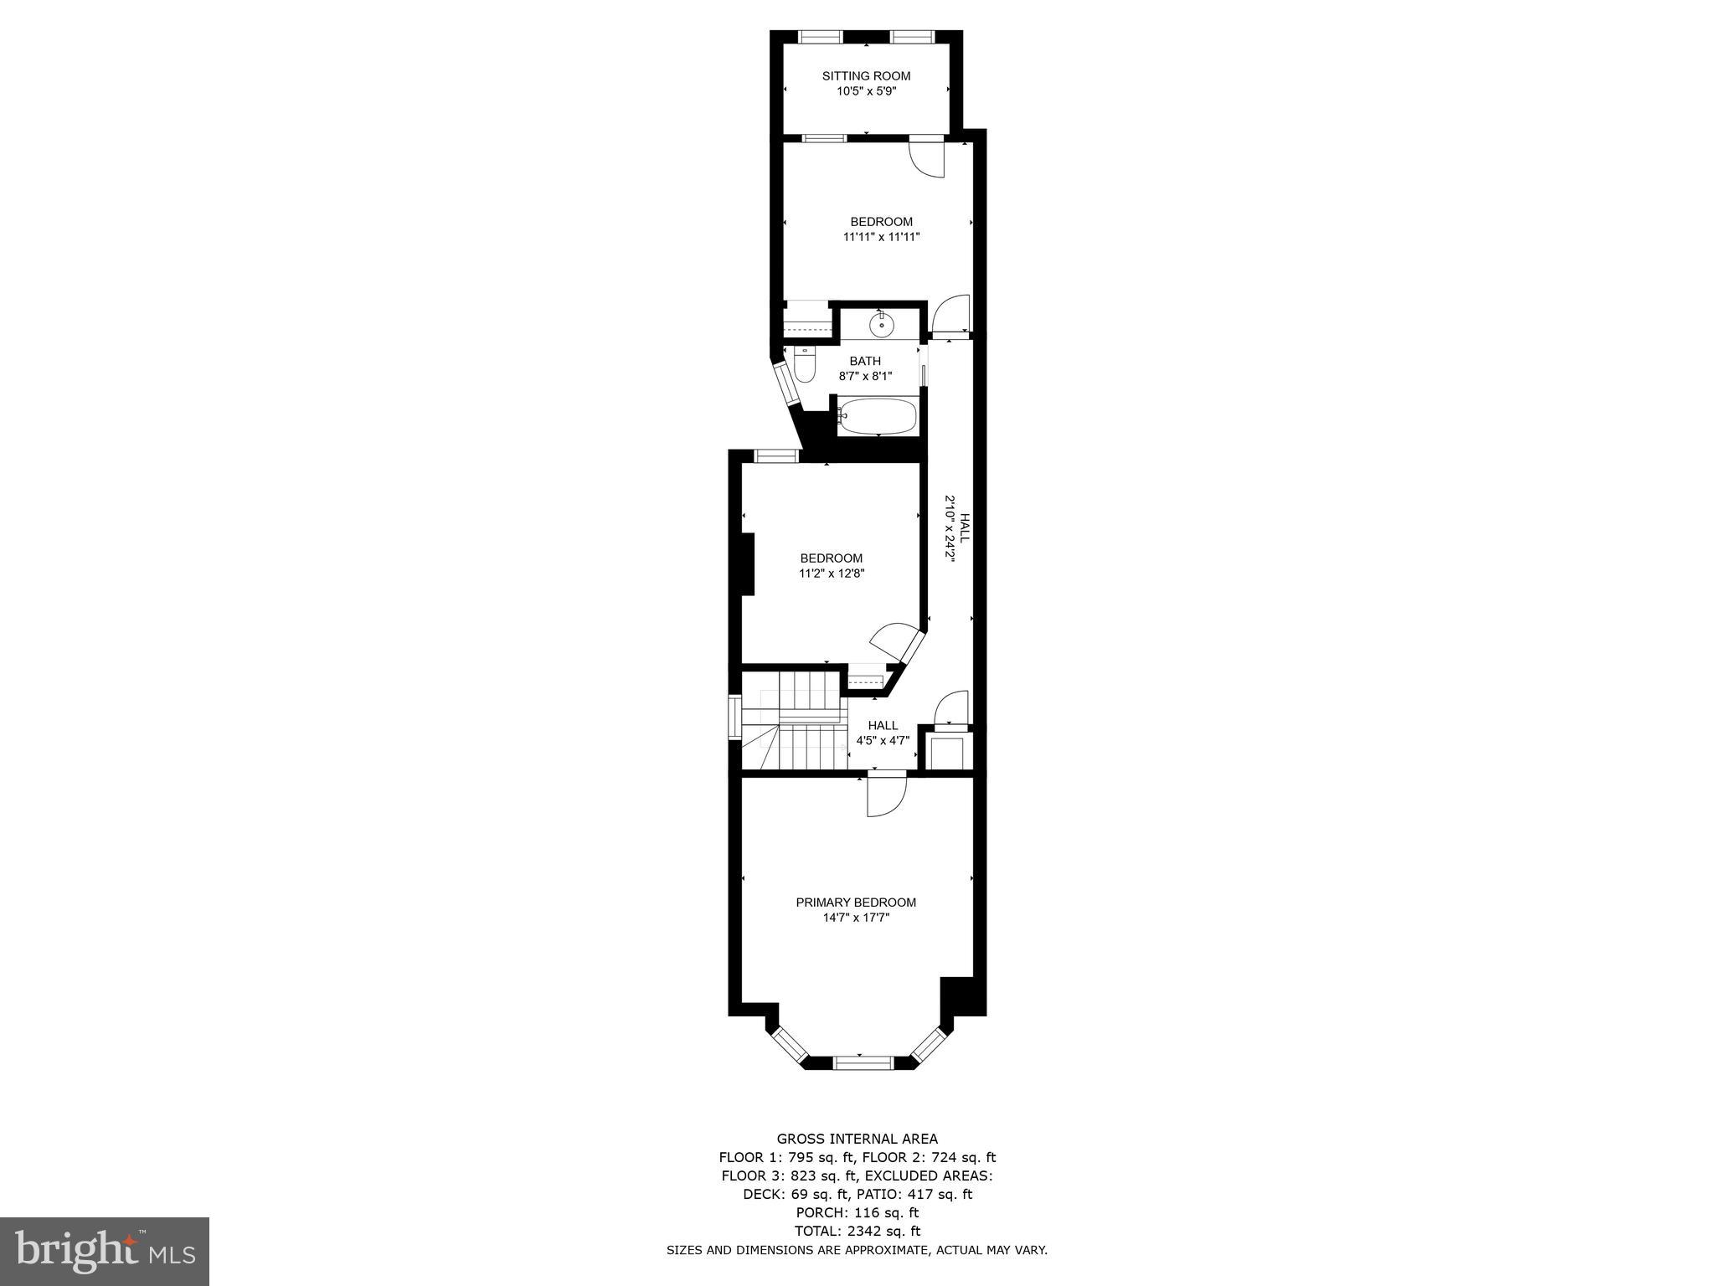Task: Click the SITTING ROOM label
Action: point(866,76)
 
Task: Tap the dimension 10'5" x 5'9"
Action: point(866,91)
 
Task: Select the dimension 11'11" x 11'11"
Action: point(881,237)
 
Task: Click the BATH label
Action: point(865,361)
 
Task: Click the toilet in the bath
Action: point(805,366)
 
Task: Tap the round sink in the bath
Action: point(880,323)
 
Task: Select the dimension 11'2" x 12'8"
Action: point(831,574)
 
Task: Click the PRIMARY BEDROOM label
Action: point(856,903)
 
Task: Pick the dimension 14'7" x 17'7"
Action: point(856,918)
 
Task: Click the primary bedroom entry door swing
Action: point(886,795)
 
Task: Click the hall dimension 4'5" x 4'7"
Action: point(883,740)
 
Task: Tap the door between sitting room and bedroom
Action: point(927,157)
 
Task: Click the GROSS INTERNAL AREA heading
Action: point(857,1139)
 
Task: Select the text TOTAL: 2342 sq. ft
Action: point(857,1231)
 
